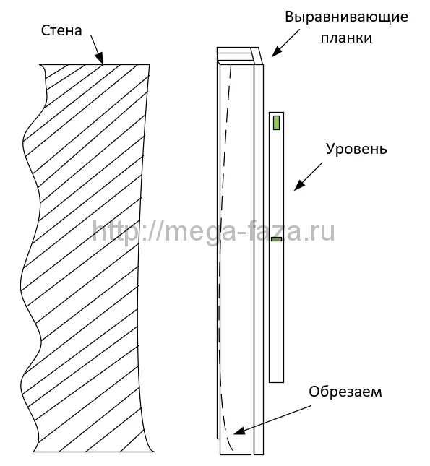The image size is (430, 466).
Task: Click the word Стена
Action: tap(61, 30)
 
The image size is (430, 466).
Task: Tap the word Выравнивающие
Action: tap(346, 17)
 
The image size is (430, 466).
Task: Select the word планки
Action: tap(346, 38)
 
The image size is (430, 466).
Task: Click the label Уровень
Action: tap(356, 149)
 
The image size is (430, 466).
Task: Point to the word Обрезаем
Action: tap(345, 392)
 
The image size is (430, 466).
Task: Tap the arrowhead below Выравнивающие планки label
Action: tap(276, 52)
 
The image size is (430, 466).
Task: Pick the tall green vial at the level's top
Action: tap(276, 123)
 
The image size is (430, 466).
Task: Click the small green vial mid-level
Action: tap(276, 239)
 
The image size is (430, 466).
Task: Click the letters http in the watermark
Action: tap(115, 232)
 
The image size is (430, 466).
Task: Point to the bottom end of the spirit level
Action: tap(276, 382)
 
